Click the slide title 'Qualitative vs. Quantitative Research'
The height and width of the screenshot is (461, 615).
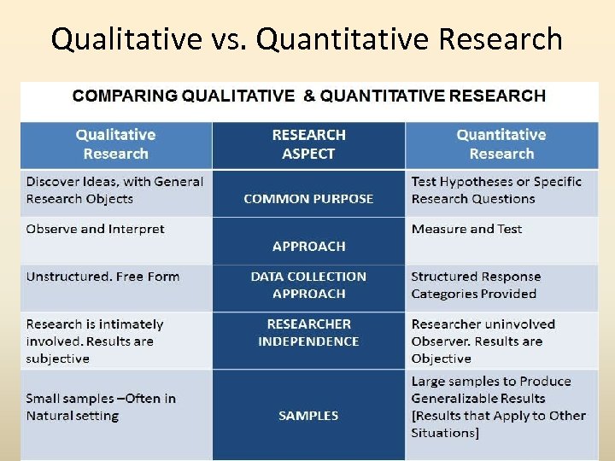pos(307,39)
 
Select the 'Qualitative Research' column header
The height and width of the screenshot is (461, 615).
pos(115,144)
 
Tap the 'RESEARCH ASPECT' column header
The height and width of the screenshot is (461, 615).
pos(308,144)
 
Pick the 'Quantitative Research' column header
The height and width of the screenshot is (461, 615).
pos(501,144)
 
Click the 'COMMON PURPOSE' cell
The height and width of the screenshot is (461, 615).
pos(308,199)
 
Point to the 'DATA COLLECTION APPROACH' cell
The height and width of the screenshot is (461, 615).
pos(308,285)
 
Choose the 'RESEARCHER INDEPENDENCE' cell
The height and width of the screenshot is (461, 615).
pos(308,333)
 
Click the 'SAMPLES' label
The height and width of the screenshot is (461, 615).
pos(308,416)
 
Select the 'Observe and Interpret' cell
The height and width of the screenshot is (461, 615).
pos(95,229)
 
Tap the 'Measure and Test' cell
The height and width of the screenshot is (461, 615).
pos(466,229)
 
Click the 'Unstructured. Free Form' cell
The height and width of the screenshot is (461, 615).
pos(102,277)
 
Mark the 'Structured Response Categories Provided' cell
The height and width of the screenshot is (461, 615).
pos(476,285)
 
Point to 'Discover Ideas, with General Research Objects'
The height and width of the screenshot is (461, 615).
pos(114,190)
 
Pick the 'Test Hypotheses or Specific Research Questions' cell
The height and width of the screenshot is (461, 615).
pos(496,190)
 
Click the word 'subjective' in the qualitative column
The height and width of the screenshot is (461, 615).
pos(57,359)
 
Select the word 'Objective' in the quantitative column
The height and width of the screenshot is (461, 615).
pos(441,359)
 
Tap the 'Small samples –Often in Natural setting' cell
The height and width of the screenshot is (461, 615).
pos(101,407)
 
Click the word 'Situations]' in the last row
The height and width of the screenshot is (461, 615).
pos(445,433)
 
